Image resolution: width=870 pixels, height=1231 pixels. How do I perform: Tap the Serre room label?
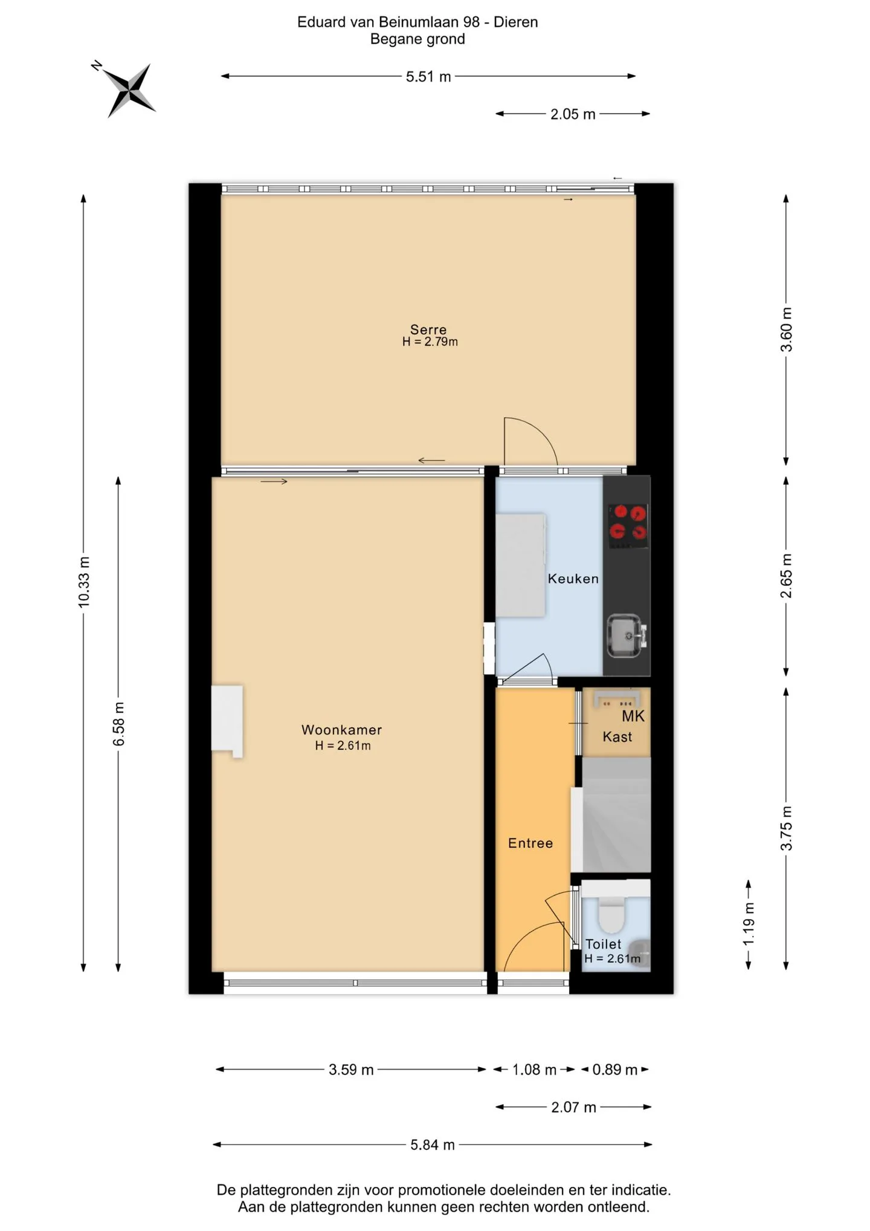click(428, 330)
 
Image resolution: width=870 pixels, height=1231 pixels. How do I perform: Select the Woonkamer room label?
click(342, 730)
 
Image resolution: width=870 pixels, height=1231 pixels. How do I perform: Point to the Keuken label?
click(573, 579)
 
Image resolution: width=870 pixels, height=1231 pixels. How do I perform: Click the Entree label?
click(530, 843)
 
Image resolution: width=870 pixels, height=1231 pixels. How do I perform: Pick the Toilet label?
click(603, 944)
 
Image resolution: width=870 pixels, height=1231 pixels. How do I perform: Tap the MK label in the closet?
click(633, 716)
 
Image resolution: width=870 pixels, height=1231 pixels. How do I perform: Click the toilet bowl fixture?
click(611, 915)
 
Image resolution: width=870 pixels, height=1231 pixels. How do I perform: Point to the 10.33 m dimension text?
click(84, 582)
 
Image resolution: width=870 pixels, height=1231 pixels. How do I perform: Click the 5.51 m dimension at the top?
click(428, 77)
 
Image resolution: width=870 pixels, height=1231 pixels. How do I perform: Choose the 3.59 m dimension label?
click(351, 1070)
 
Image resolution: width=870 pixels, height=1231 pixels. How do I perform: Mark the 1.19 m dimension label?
click(749, 923)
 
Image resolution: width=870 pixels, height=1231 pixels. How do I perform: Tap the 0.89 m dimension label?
click(615, 1070)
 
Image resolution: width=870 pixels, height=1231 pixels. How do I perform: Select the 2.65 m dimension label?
click(786, 576)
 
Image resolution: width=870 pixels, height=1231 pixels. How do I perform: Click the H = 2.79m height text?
click(430, 342)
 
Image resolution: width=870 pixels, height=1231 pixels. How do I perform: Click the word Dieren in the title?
click(515, 22)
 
